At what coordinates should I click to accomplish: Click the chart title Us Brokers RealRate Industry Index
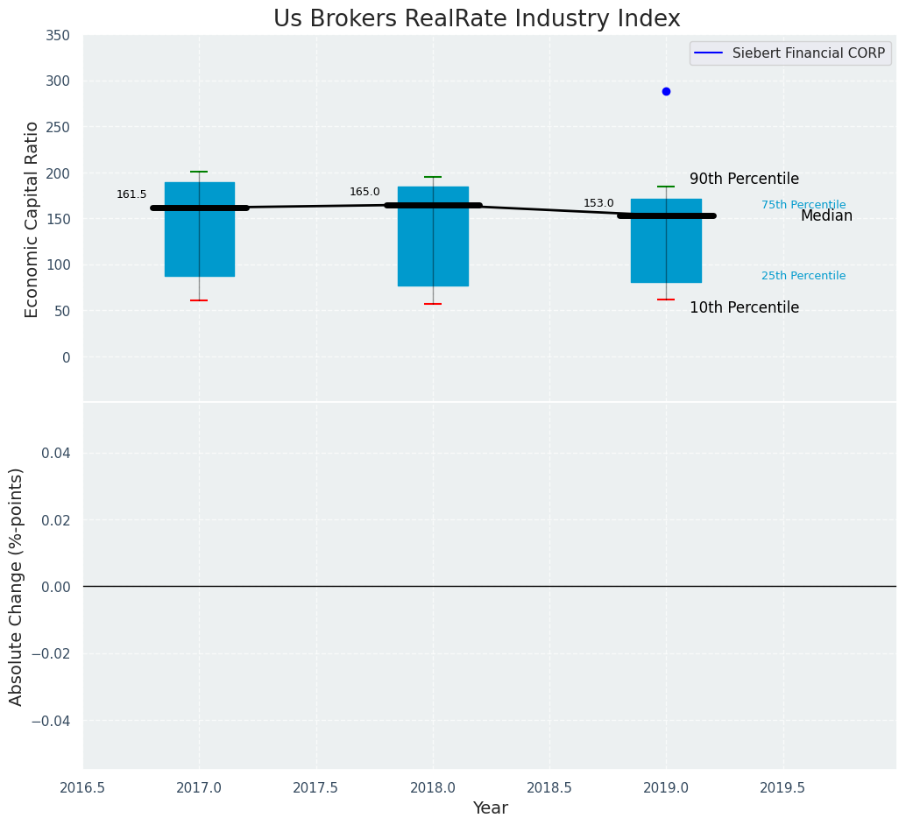point(477,19)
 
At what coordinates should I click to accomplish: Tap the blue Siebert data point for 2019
point(666,91)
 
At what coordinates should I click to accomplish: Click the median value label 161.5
point(131,194)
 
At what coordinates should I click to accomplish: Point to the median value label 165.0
point(365,192)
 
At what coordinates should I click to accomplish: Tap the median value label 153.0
point(598,203)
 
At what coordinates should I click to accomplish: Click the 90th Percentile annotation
point(744,179)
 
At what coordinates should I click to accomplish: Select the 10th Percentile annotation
point(744,307)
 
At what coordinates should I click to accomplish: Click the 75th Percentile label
point(803,205)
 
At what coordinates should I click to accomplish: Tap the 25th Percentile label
point(803,276)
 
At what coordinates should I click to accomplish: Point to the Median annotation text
point(826,215)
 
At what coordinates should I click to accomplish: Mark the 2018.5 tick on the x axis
point(549,787)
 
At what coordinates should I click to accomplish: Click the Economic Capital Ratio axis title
point(32,219)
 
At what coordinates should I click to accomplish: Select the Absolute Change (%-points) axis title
point(17,586)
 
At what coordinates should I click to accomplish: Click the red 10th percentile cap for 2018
point(433,304)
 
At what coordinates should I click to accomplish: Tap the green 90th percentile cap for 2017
point(199,172)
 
